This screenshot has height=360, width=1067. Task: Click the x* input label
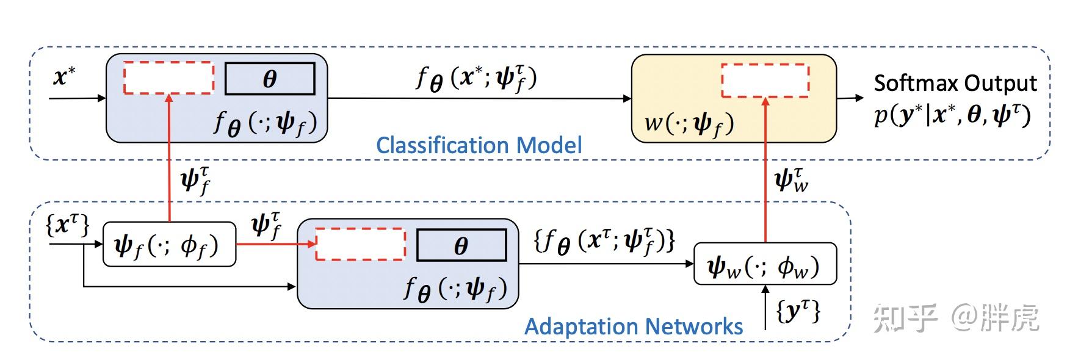[64, 77]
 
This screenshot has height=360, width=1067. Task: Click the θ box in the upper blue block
[270, 79]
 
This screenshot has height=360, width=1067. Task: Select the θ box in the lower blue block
[461, 245]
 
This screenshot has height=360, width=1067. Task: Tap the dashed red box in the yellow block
[765, 80]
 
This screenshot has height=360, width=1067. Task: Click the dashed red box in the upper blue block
[168, 77]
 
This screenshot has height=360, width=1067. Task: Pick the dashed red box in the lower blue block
[360, 244]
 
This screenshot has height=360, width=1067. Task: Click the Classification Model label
[479, 145]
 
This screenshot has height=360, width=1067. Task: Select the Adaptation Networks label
[634, 326]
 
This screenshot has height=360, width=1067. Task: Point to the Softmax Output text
[955, 83]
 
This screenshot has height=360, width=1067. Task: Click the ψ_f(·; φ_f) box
[169, 245]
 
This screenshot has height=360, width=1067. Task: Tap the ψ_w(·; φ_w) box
[765, 264]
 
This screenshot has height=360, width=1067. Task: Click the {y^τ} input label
[798, 311]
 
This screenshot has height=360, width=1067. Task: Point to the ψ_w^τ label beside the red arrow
[791, 180]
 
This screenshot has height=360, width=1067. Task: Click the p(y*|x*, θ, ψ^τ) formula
[952, 115]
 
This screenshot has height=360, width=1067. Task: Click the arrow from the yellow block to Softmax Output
[850, 98]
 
